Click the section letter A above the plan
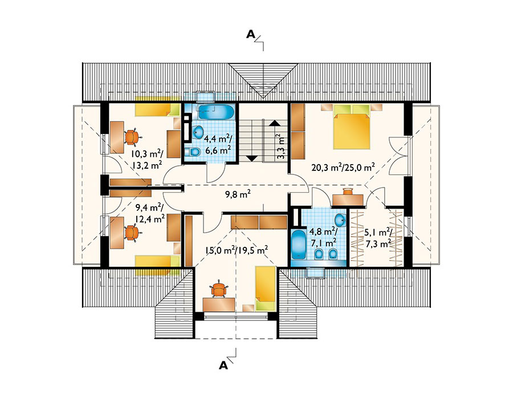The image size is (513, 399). pyautogui.click(x=251, y=34)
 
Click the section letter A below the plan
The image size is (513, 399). pyautogui.click(x=223, y=365)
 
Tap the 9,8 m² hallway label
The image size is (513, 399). pyautogui.click(x=238, y=196)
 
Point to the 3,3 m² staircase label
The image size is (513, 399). pyautogui.click(x=280, y=146)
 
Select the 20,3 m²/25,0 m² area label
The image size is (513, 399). pyautogui.click(x=343, y=168)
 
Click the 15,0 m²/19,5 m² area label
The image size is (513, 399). pyautogui.click(x=237, y=250)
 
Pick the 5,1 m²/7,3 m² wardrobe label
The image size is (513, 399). pyautogui.click(x=378, y=238)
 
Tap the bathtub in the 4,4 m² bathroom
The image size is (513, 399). pyautogui.click(x=216, y=112)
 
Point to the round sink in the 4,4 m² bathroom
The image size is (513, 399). pyautogui.click(x=198, y=132)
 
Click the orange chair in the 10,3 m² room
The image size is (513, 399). pyautogui.click(x=132, y=137)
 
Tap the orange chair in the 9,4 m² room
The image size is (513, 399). pyautogui.click(x=132, y=233)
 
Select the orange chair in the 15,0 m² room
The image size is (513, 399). pyautogui.click(x=219, y=290)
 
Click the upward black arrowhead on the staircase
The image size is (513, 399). pyautogui.click(x=274, y=123)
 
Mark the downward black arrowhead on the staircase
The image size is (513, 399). pyautogui.click(x=251, y=158)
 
